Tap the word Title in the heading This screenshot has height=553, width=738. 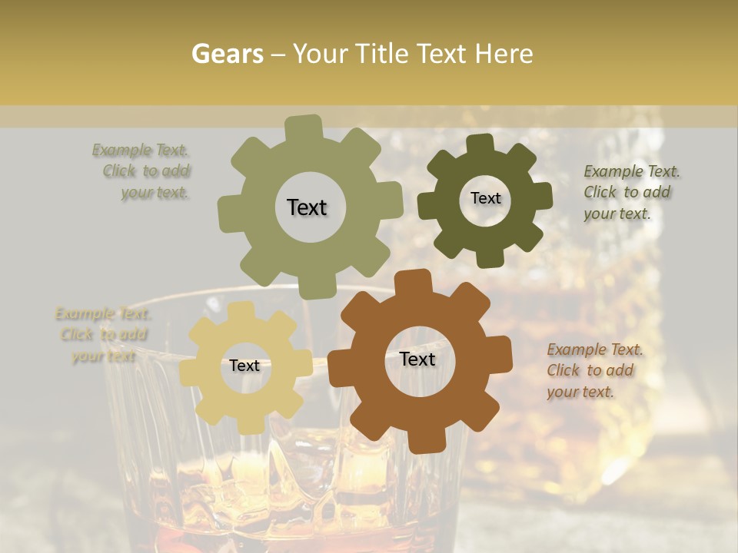tap(384, 54)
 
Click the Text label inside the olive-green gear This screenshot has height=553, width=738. tap(307, 207)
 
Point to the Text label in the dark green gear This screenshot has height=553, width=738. tap(485, 198)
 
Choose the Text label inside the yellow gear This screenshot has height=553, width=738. tap(244, 366)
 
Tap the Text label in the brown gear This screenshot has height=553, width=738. tap(417, 359)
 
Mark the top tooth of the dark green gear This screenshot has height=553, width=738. tap(480, 144)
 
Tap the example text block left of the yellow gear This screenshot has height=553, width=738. tap(103, 335)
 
